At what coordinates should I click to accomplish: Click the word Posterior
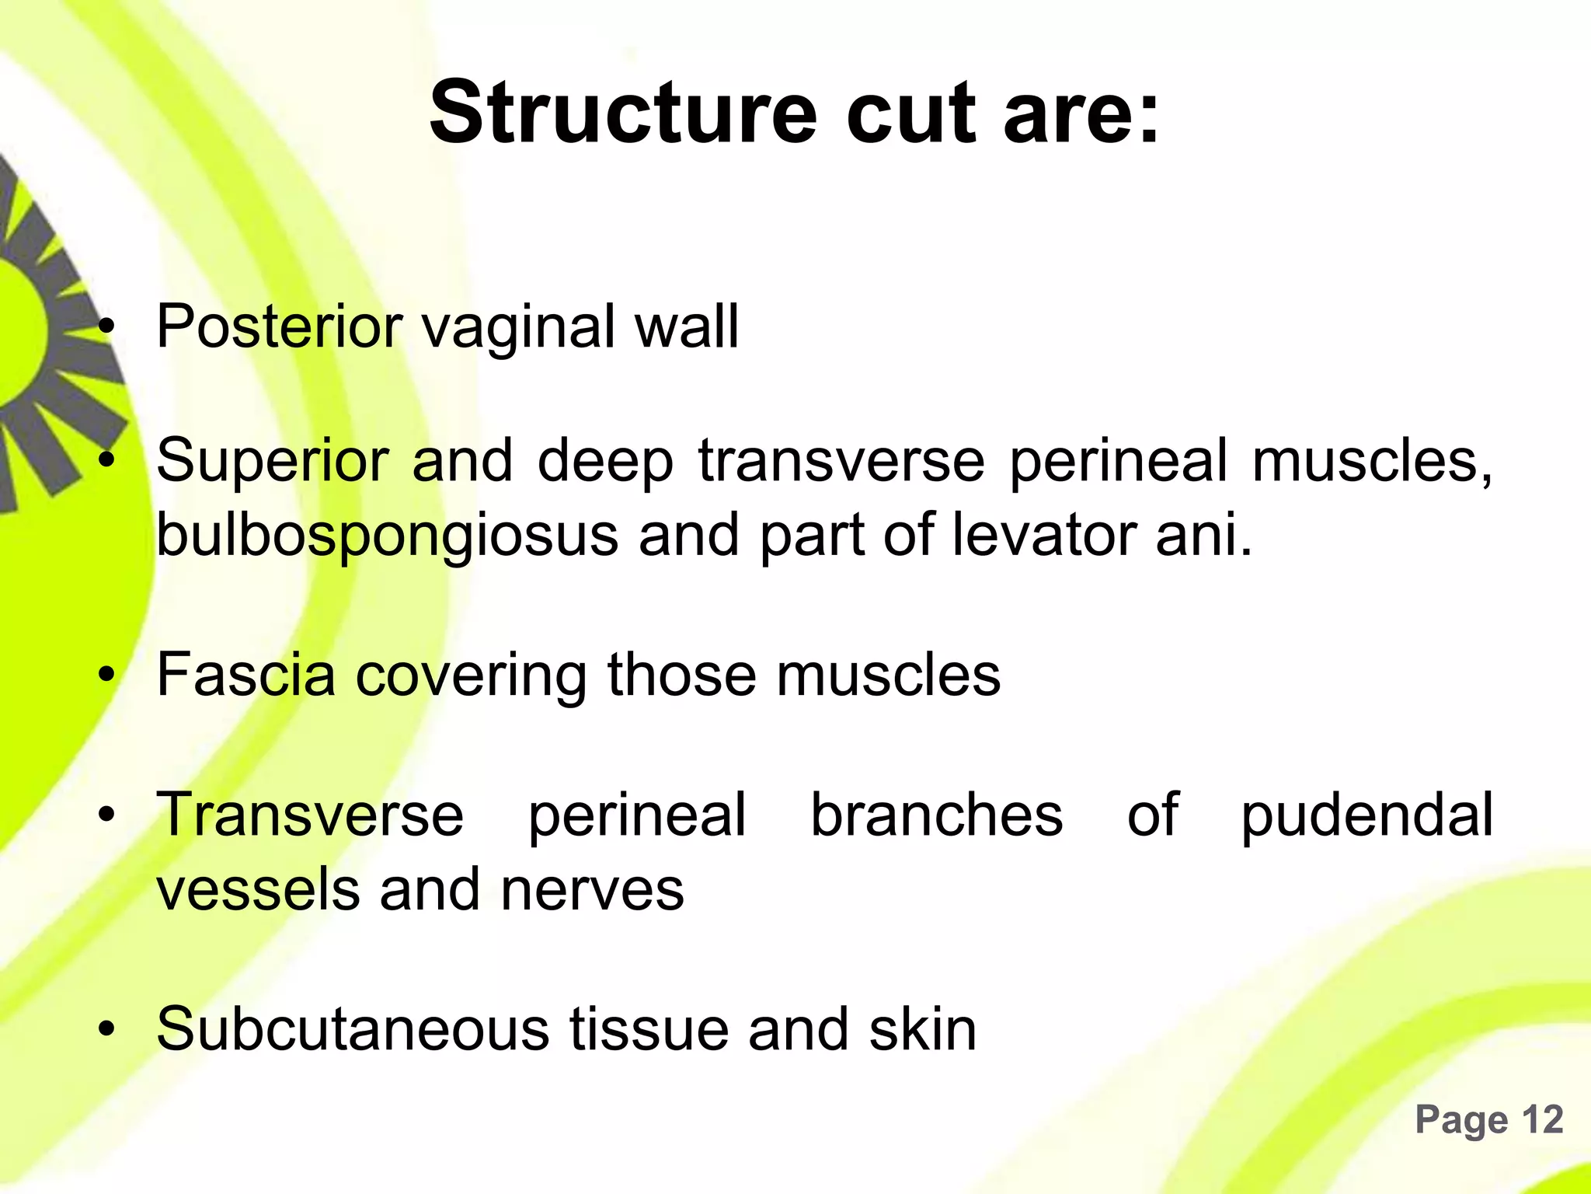coord(279,326)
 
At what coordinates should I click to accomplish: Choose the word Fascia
coord(245,674)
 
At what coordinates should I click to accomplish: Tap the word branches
coord(937,815)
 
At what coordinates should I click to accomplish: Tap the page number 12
coord(1541,1120)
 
